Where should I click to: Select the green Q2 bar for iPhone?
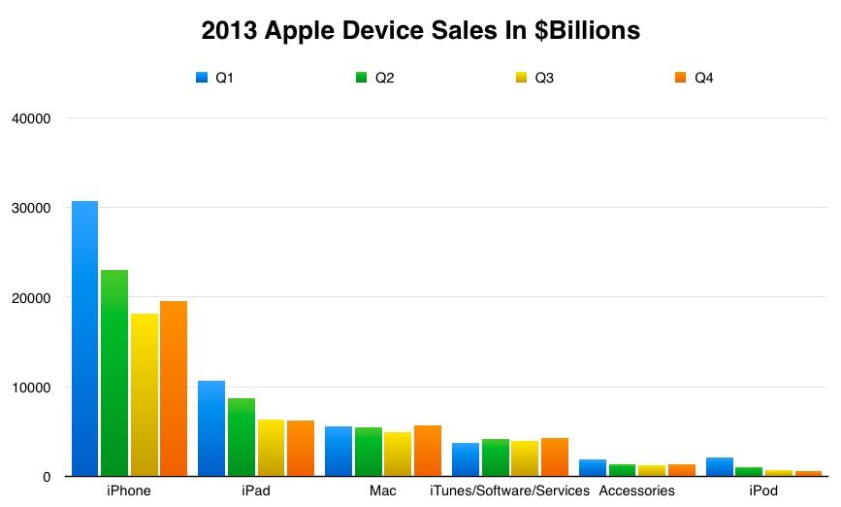(114, 373)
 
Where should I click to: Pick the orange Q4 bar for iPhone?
(174, 389)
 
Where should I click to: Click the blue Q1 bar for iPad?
(211, 428)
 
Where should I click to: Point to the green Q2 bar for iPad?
(242, 437)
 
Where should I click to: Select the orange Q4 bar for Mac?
(428, 451)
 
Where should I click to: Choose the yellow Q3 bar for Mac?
(398, 454)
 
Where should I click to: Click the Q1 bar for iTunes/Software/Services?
(466, 459)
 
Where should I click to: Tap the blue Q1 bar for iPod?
(720, 466)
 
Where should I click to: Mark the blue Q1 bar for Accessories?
(593, 467)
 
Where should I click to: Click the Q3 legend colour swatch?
(519, 78)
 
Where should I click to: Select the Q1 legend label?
(224, 78)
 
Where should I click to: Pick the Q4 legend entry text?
(703, 78)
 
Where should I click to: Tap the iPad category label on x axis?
(256, 490)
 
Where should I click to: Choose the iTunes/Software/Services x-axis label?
(509, 490)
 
